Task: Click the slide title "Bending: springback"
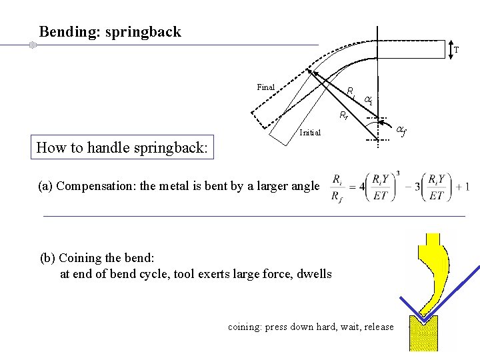coord(110,31)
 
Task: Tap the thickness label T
coord(456,50)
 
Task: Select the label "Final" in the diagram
coord(265,87)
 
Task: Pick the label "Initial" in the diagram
coord(310,132)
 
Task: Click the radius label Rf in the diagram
coord(343,115)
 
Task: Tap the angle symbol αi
coord(368,100)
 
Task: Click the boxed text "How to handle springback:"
coord(123,147)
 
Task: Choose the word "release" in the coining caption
coord(379,327)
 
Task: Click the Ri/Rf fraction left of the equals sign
coord(338,187)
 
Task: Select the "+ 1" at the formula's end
coord(463,187)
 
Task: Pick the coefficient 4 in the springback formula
coord(361,187)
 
